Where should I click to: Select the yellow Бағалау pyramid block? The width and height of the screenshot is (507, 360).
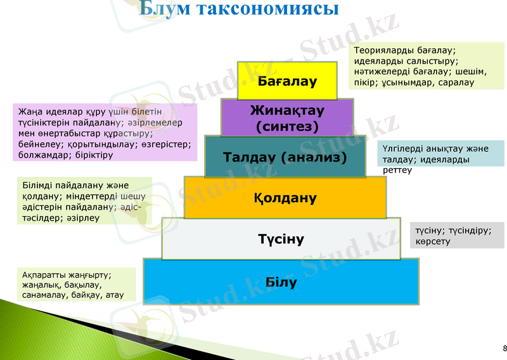point(287,81)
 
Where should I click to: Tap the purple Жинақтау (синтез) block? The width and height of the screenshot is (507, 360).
point(287,118)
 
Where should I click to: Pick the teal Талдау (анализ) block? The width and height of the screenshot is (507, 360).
point(285,157)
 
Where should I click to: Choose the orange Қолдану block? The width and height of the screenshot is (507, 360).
point(285,198)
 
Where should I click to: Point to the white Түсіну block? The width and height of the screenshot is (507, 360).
point(281,239)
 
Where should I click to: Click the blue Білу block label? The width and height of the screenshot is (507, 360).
point(281,282)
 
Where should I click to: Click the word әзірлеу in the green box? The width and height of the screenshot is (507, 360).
point(80,217)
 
